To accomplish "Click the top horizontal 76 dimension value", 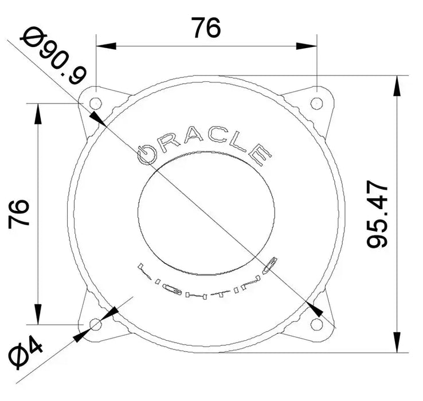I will tap(206, 27).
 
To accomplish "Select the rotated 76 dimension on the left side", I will tap(19, 213).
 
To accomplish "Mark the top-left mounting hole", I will tap(96, 103).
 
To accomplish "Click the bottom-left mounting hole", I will tap(96, 325).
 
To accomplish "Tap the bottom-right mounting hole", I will tap(316, 324).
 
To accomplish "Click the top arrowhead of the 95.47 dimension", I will tap(395, 86).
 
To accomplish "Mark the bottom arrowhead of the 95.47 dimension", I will tap(395, 342).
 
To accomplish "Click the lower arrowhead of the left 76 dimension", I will tap(38, 314).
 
